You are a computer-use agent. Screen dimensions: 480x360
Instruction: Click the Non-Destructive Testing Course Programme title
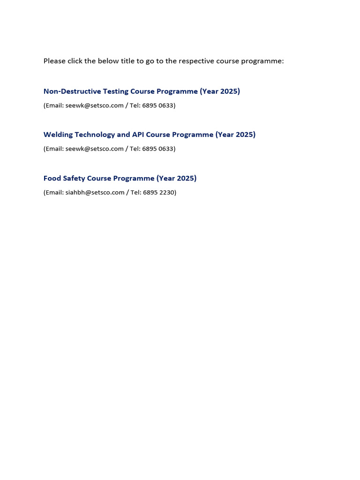click(142, 91)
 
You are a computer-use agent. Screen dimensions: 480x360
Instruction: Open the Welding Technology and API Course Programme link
click(149, 135)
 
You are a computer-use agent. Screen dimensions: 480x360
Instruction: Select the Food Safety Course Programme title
click(120, 178)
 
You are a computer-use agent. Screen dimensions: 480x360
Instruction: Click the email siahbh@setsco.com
click(95, 192)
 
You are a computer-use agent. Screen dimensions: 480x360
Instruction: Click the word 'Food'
click(52, 178)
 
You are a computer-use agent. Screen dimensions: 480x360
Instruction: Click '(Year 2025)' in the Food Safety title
click(177, 178)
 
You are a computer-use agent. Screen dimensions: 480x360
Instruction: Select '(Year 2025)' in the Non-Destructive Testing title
click(220, 91)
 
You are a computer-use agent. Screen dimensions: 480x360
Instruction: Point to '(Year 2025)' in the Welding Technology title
click(235, 135)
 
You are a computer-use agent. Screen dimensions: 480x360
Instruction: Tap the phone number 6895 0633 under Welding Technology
click(157, 149)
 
